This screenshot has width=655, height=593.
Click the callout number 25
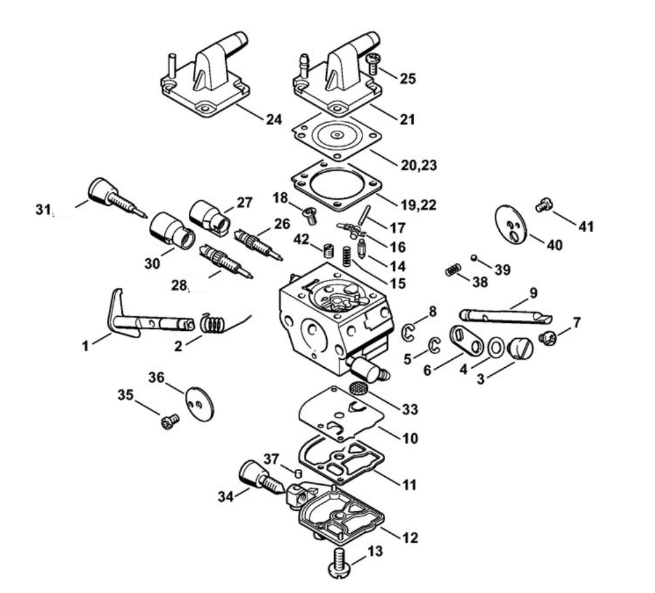(x=408, y=78)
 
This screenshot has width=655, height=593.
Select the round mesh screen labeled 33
(x=358, y=388)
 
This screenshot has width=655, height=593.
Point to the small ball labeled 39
(x=473, y=258)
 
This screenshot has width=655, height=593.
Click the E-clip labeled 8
(x=407, y=331)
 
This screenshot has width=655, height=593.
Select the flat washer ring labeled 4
(x=495, y=347)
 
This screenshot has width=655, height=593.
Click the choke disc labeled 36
(x=199, y=404)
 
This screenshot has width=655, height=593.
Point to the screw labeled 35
(x=170, y=421)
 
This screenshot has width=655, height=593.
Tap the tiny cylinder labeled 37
(x=298, y=473)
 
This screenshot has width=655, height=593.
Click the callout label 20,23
(x=419, y=164)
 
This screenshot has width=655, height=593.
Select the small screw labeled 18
(x=310, y=215)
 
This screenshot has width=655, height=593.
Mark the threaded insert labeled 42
(x=329, y=251)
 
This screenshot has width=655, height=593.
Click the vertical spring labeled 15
(x=346, y=256)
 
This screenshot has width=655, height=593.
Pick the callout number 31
(x=44, y=209)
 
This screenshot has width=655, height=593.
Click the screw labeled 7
(x=547, y=337)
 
